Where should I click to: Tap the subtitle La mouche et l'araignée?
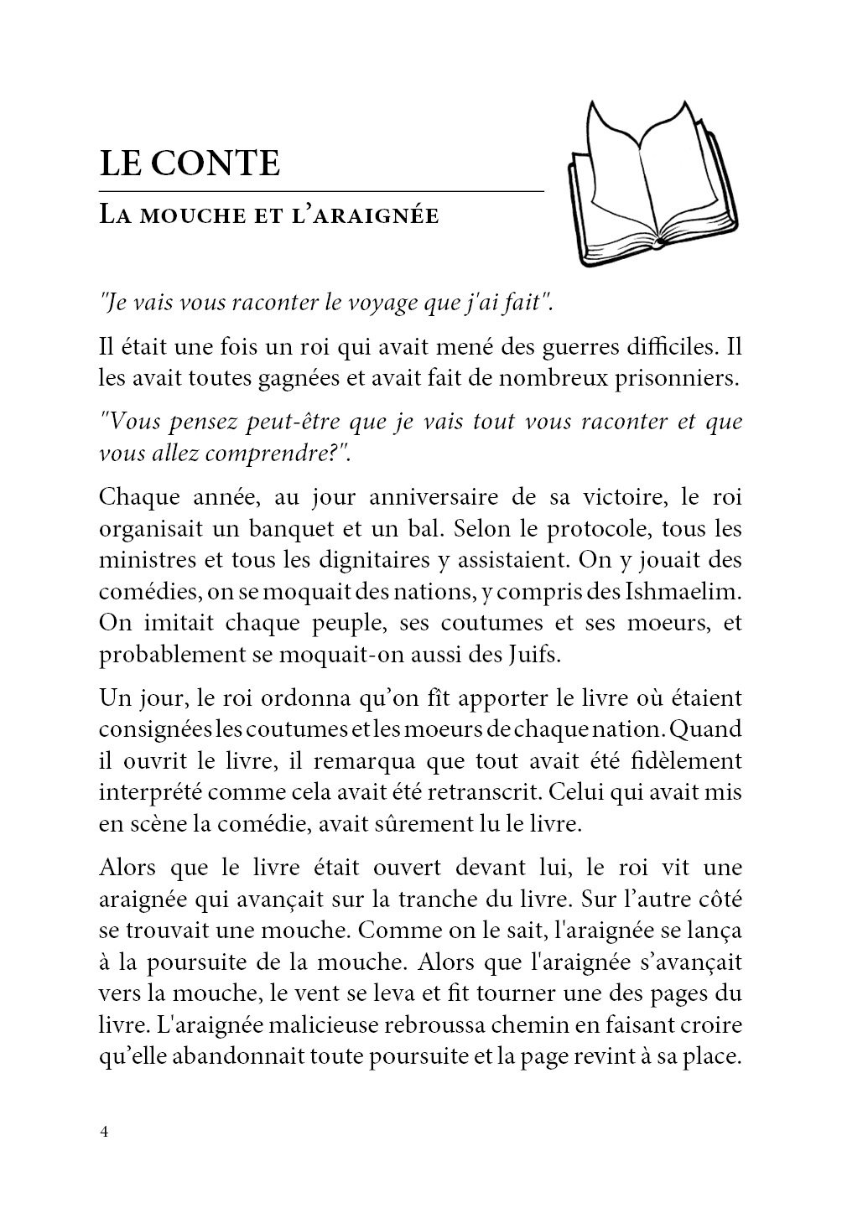268,215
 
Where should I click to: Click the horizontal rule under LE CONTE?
321,192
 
